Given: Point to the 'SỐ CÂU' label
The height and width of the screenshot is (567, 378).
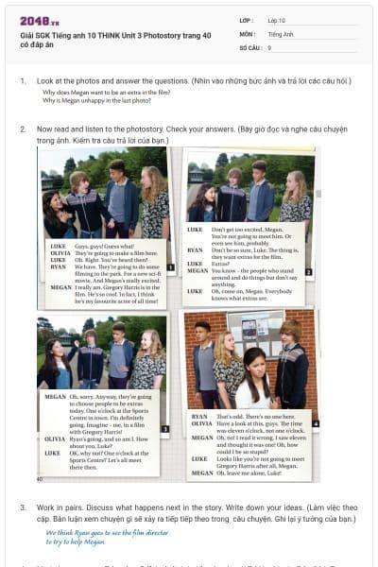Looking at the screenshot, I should click(x=249, y=46).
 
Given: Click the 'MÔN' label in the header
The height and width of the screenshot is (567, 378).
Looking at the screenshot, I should click(x=248, y=33).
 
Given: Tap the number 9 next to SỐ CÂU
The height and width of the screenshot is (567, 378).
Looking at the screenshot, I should click(x=270, y=46).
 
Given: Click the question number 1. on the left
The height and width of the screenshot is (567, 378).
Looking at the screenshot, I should click(x=24, y=81).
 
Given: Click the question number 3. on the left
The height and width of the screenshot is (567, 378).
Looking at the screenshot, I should click(x=24, y=507).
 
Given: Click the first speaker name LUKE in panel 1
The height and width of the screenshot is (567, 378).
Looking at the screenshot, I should click(x=57, y=244).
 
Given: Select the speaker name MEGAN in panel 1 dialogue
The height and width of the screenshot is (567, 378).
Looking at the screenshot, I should click(x=60, y=285).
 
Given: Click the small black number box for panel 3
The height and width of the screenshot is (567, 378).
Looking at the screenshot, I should click(x=165, y=428).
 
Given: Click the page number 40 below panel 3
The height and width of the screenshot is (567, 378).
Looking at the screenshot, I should click(x=40, y=479).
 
